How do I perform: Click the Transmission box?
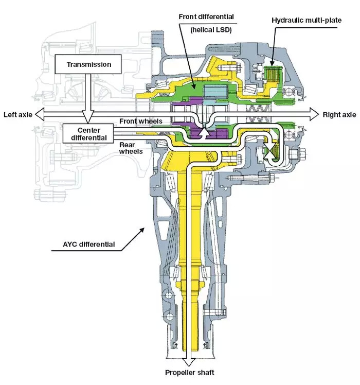88,65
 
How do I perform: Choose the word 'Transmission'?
88,65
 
